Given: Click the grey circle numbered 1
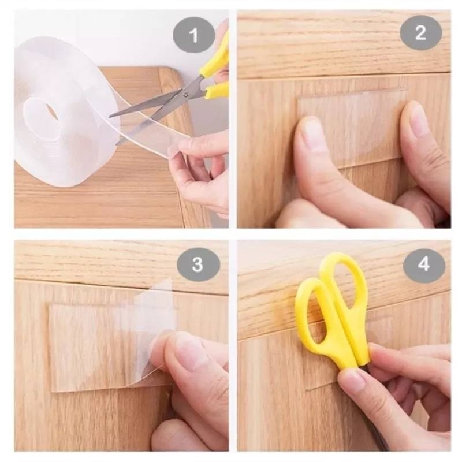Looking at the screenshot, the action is tap(193, 35).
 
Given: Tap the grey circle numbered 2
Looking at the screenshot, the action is tap(420, 33).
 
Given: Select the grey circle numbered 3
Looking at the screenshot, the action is tap(198, 264).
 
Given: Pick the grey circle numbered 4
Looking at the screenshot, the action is tap(424, 264).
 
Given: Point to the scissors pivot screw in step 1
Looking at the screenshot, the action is tap(185, 95).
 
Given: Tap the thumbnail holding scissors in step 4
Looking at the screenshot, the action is tap(353, 381).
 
